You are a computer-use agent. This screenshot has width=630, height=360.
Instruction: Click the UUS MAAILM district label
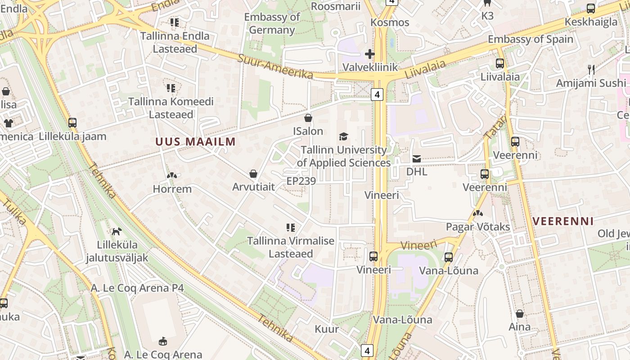point(195,142)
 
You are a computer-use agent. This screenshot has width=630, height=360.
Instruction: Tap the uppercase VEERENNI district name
point(563,221)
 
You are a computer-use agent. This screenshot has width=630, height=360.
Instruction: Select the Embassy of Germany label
point(272,23)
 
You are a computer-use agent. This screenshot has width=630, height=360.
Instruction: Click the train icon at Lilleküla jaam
point(72,122)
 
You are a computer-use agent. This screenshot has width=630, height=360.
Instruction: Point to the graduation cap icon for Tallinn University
point(343,136)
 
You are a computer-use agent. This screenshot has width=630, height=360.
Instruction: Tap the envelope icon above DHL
point(417,158)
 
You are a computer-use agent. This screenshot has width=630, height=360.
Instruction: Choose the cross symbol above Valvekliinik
point(370,54)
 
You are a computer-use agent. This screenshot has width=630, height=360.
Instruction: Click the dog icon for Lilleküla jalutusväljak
point(117,231)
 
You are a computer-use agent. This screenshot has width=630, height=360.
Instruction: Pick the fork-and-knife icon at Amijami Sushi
point(591,70)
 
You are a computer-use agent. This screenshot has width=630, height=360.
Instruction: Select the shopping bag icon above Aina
point(520,314)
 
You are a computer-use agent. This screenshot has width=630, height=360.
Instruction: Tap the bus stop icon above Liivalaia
point(500,63)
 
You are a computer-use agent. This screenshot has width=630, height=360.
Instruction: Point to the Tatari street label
point(496,127)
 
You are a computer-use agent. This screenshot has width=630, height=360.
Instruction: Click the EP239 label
point(301,181)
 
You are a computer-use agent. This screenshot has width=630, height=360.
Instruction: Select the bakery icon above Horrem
point(171,175)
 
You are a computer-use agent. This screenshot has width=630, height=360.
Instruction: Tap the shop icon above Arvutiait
point(253,174)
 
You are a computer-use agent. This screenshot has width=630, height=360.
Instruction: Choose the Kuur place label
point(327,329)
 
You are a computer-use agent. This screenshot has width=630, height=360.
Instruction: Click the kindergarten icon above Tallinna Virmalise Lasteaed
point(291,228)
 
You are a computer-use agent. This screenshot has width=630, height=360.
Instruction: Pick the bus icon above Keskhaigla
point(591,9)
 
